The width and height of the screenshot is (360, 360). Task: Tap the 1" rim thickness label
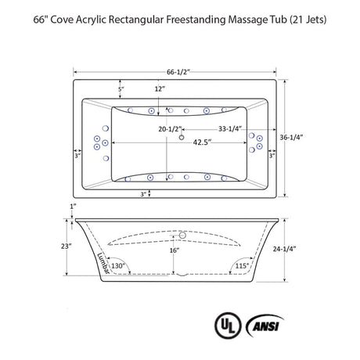pos(73,207)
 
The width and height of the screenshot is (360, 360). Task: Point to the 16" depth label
pos(175,250)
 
